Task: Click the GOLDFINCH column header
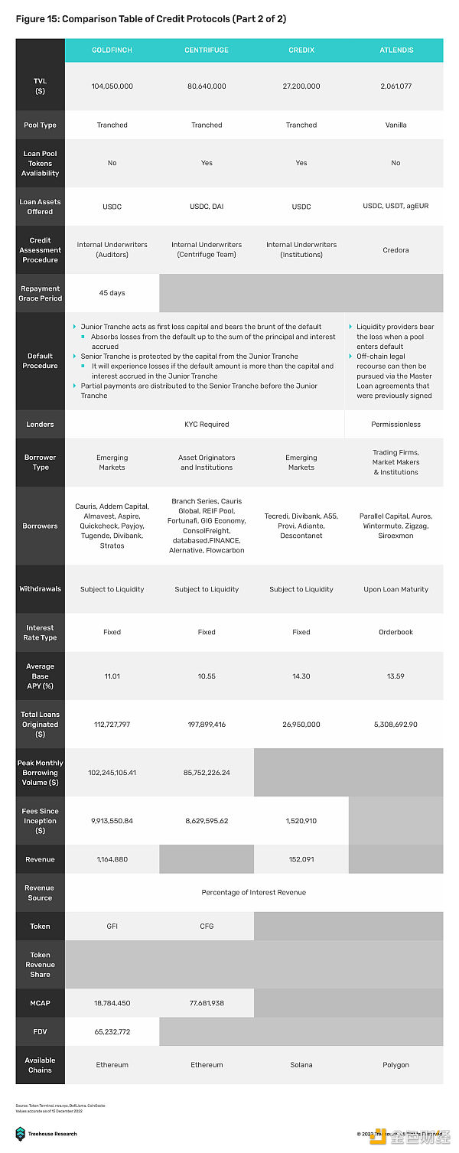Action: [112, 50]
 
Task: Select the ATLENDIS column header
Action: [396, 50]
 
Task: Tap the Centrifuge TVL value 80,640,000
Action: [207, 86]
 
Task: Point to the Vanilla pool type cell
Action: [396, 125]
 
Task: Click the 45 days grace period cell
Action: [112, 293]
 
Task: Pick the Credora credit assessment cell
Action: [396, 249]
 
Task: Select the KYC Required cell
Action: [207, 424]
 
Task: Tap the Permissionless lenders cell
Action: [396, 424]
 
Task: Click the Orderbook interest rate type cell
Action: [396, 632]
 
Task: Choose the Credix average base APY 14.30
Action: [301, 676]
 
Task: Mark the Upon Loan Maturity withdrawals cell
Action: [396, 589]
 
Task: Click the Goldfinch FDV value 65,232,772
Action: [112, 1031]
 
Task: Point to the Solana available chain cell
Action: [301, 1064]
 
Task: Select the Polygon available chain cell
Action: [396, 1064]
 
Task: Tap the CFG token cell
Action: [207, 926]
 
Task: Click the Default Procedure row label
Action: [40, 360]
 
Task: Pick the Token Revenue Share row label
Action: [40, 964]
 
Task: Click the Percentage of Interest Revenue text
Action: [253, 892]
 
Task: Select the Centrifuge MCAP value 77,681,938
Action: [207, 1002]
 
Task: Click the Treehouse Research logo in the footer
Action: [21, 1133]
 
